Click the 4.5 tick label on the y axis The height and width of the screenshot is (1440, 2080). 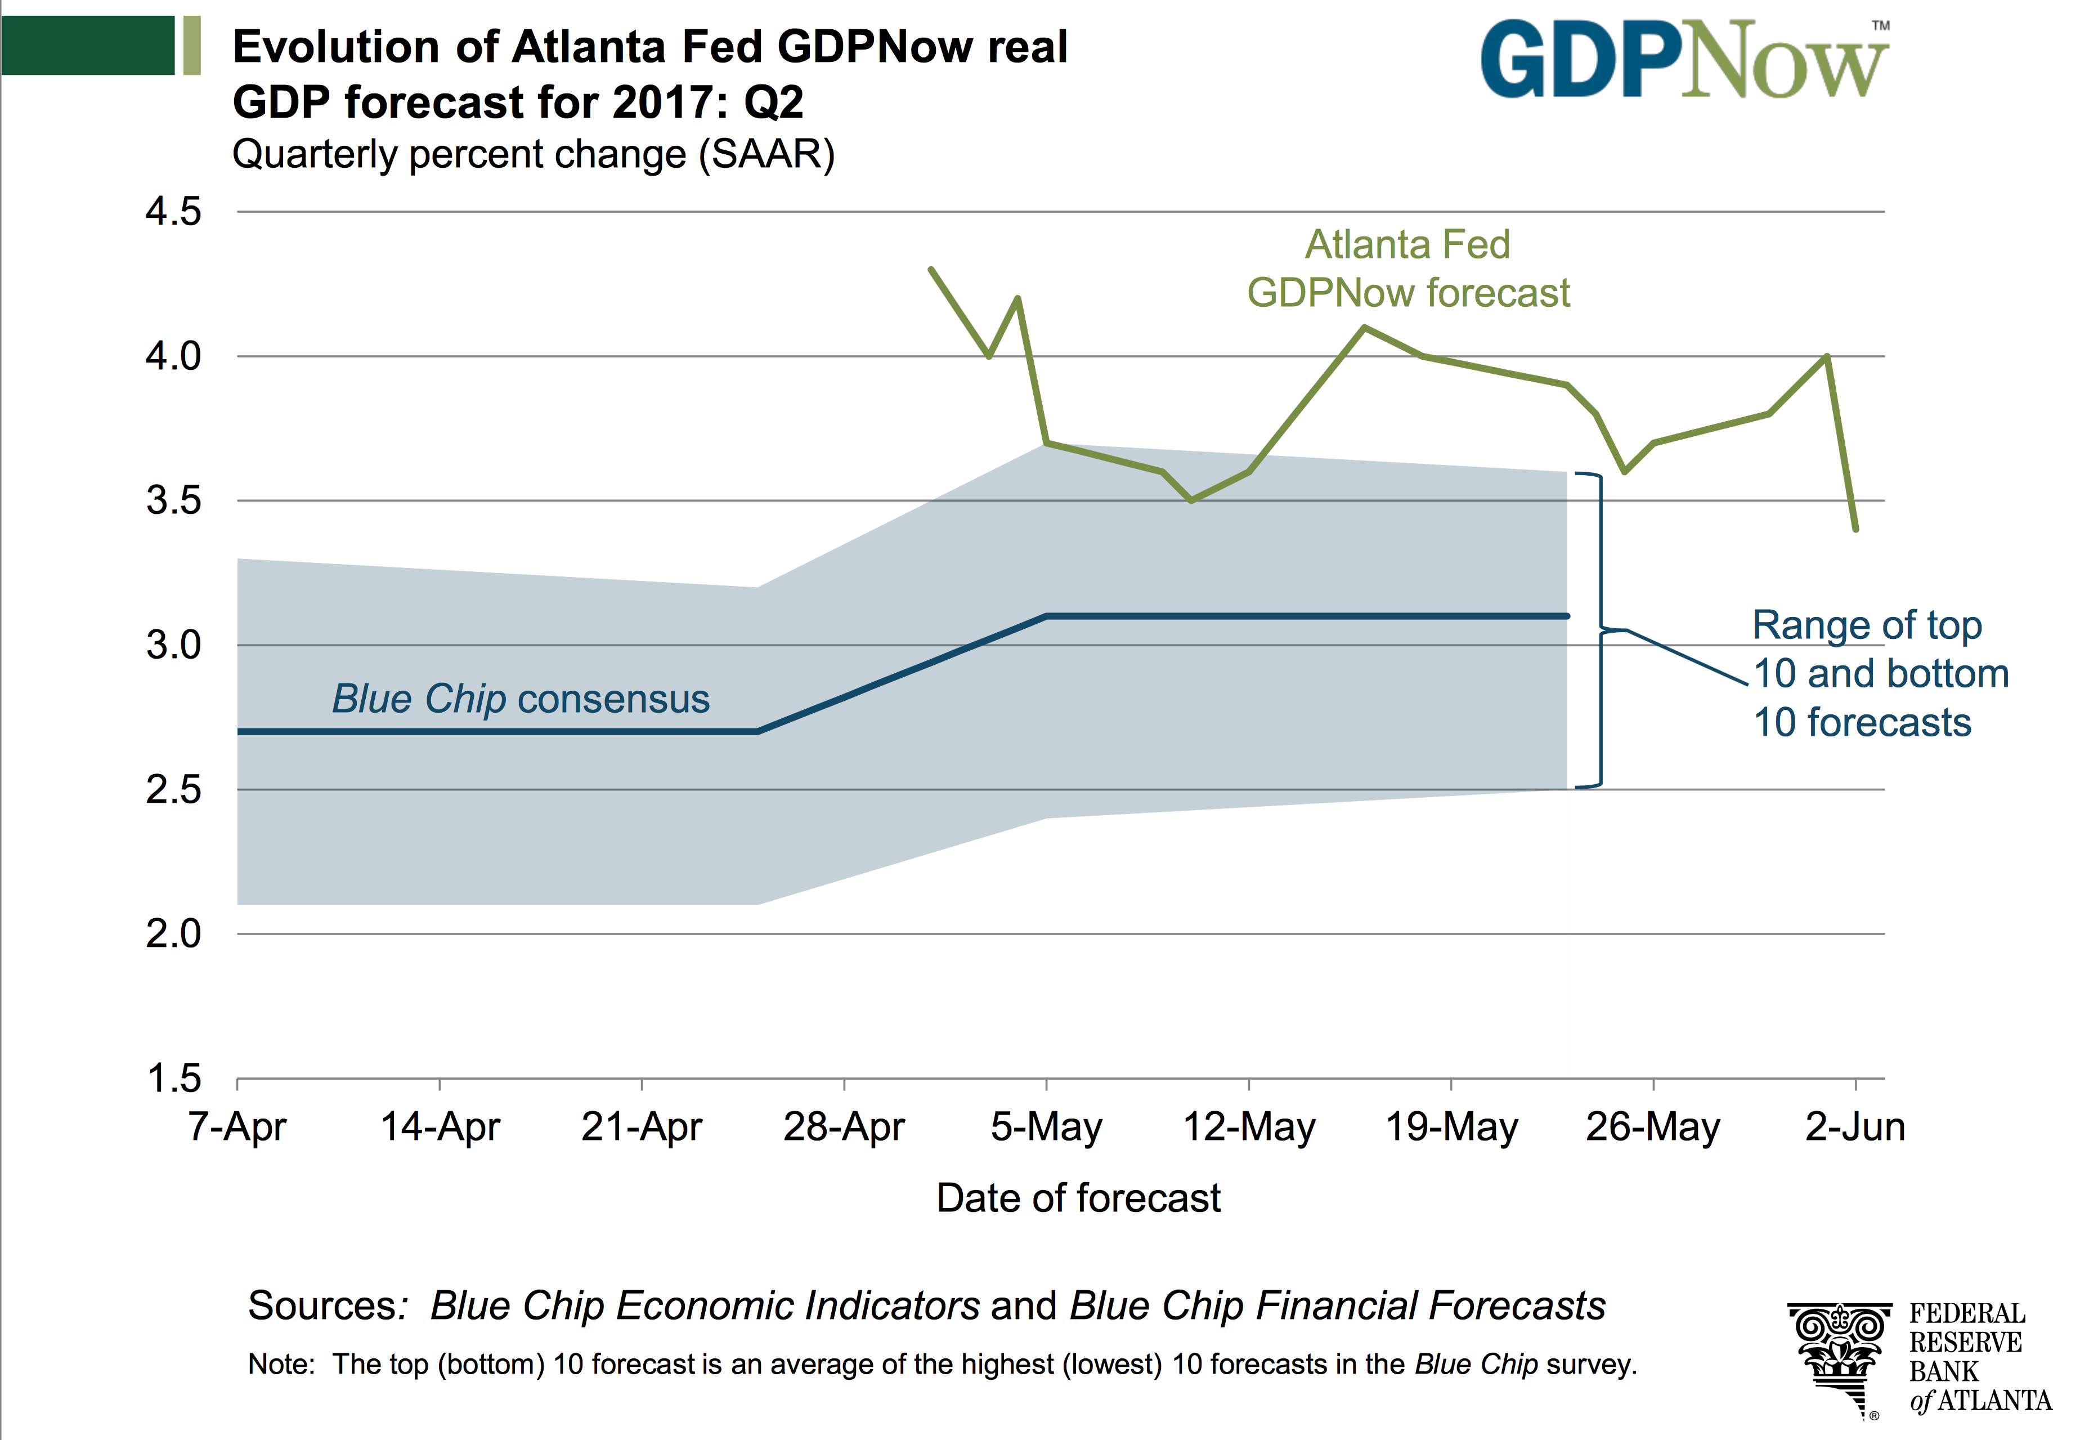pos(173,212)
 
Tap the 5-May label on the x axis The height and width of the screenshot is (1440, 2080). pos(1046,1127)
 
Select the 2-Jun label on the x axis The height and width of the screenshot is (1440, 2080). pos(1854,1127)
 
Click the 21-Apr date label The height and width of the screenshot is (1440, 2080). pos(642,1127)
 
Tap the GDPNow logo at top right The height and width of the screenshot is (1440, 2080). pos(1683,60)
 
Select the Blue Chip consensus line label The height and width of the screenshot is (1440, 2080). pos(521,699)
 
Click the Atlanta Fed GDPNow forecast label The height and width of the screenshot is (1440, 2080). pos(1408,269)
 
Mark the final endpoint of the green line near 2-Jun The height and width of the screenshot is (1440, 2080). pos(1855,530)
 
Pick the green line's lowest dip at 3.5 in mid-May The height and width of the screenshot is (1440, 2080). pos(1191,500)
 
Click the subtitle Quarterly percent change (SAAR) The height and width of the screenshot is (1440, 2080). pos(533,154)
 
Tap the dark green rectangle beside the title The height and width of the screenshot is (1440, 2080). pos(87,45)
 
